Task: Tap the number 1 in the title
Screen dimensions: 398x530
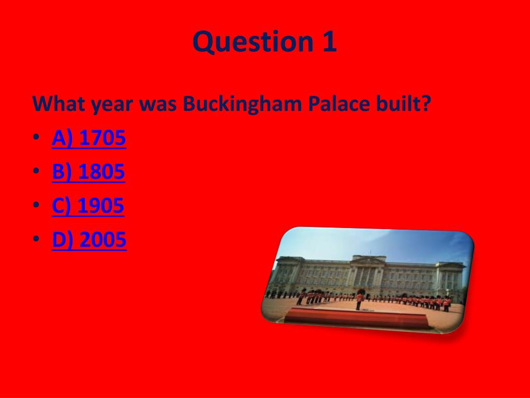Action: coord(329,42)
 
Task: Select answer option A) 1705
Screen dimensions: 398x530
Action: coord(89,138)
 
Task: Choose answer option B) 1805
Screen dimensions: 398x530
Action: coord(89,172)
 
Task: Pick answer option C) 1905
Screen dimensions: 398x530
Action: coord(88,206)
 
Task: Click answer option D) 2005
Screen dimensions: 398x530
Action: coord(89,239)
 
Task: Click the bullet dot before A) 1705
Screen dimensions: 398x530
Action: coord(35,139)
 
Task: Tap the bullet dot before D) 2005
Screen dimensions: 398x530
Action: coord(35,240)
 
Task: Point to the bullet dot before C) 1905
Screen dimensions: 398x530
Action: coord(35,207)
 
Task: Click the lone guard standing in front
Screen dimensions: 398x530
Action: coord(359,301)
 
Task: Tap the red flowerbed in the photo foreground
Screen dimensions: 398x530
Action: coord(357,317)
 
